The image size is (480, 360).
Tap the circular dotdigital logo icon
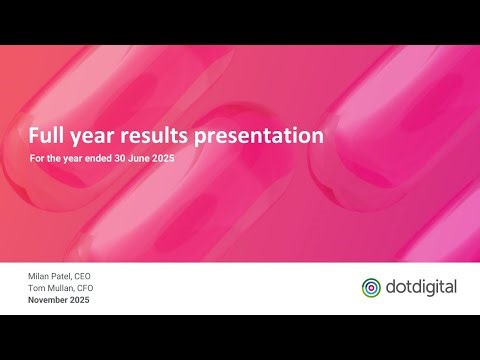pyautogui.click(x=371, y=287)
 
